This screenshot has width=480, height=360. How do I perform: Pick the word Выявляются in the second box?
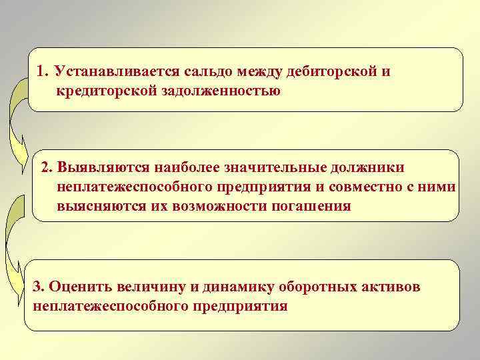click(x=97, y=167)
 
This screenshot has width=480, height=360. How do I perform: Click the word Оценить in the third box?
click(x=75, y=287)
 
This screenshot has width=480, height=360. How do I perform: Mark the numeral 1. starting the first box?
click(x=43, y=71)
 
